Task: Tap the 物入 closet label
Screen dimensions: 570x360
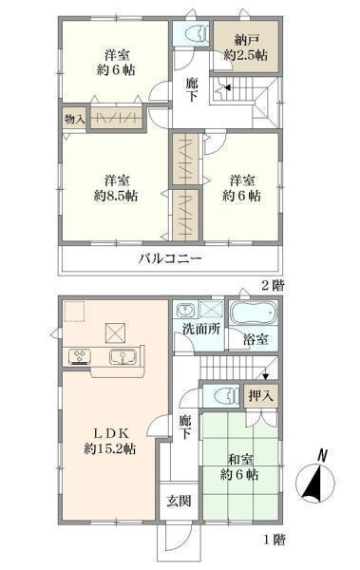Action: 74,119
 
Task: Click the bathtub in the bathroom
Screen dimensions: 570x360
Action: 252,313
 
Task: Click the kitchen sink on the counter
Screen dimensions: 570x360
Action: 121,357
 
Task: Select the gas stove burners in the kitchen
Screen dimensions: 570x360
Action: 78,357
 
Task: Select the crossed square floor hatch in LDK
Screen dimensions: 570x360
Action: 116,331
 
